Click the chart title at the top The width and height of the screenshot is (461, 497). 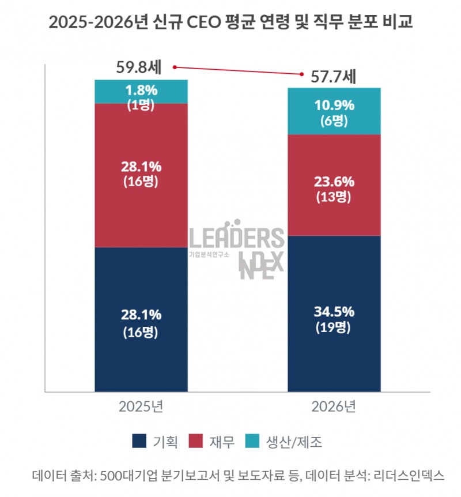coord(231,22)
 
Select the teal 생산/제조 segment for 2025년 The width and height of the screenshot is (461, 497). coord(141,91)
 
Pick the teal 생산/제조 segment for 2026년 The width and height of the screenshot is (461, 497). coord(334,111)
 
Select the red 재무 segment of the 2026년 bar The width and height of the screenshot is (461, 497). coord(334,185)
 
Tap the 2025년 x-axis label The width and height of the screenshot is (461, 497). coord(141,406)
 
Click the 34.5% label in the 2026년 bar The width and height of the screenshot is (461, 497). coord(334,313)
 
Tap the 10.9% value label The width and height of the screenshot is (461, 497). coord(334,106)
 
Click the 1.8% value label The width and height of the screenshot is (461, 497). coord(141,90)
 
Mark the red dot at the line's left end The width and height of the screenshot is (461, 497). coord(175,67)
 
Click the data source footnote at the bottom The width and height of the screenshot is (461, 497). coord(231,476)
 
